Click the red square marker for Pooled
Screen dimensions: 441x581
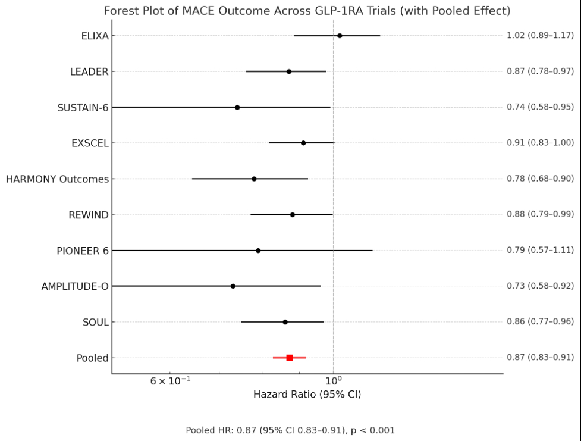click(x=290, y=358)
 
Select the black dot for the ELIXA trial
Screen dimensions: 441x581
click(x=340, y=36)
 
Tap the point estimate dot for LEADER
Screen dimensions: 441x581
click(x=289, y=71)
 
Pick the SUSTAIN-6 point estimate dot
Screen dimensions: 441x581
click(x=237, y=107)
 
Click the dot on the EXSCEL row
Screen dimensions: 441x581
click(x=303, y=143)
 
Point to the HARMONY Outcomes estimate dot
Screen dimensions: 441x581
click(x=254, y=179)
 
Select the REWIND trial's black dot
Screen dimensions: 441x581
click(x=292, y=214)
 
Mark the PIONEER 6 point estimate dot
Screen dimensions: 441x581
click(x=258, y=251)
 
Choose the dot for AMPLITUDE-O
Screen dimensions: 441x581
click(x=233, y=286)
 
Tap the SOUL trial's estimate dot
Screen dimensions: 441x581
click(x=285, y=322)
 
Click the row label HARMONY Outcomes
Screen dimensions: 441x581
click(x=57, y=179)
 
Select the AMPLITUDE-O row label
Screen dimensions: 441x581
click(x=75, y=286)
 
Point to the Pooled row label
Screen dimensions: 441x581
click(x=92, y=358)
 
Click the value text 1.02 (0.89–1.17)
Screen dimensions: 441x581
click(x=540, y=36)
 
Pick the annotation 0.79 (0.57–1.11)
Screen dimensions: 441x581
click(x=540, y=251)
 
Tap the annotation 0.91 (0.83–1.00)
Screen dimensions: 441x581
click(x=540, y=143)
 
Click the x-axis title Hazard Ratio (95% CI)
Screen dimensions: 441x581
click(x=307, y=395)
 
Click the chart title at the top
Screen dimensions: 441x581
click(x=307, y=11)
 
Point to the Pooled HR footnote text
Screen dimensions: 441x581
click(x=290, y=430)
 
